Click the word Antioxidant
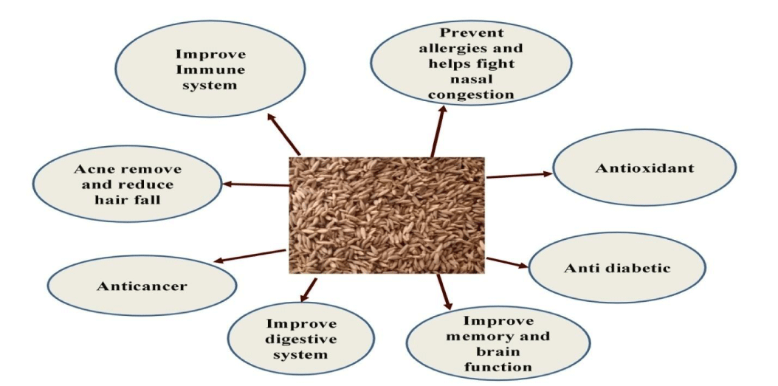644,168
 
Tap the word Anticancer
142,286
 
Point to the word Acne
92,169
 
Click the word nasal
471,79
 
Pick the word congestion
471,94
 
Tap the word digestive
300,340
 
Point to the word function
498,367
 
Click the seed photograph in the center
387,215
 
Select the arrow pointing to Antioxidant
519,175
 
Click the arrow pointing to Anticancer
249,255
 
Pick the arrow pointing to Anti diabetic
507,263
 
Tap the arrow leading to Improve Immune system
283,134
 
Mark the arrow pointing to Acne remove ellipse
255,185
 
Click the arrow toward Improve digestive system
308,290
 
